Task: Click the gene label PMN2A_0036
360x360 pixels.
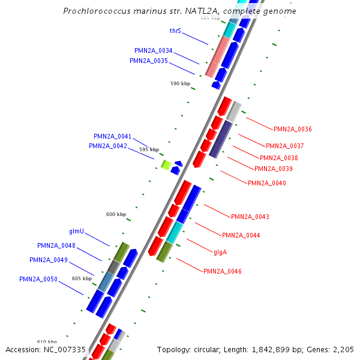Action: point(292,129)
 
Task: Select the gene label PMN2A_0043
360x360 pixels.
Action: point(250,217)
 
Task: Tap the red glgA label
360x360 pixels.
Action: point(220,252)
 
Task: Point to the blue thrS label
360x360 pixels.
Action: point(175,31)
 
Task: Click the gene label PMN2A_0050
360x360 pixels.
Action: point(38,279)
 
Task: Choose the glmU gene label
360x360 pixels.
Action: point(76,231)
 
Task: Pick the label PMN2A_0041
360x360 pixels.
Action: point(112,136)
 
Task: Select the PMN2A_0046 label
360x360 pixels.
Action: point(222,272)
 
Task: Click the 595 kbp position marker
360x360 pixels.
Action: point(149,149)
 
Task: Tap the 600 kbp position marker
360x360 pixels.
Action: point(116,214)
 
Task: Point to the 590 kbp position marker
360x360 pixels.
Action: point(180,83)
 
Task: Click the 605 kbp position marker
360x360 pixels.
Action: point(82,278)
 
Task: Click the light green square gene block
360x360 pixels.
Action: point(166,164)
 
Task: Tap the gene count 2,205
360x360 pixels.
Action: point(343,349)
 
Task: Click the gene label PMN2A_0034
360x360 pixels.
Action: point(153,50)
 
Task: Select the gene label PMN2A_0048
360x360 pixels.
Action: point(56,245)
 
